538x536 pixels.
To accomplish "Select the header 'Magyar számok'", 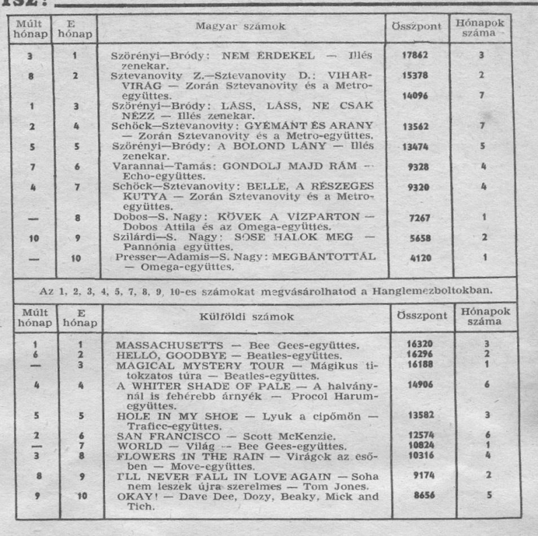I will click(x=240, y=28).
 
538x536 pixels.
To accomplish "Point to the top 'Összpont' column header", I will click(x=416, y=28).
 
